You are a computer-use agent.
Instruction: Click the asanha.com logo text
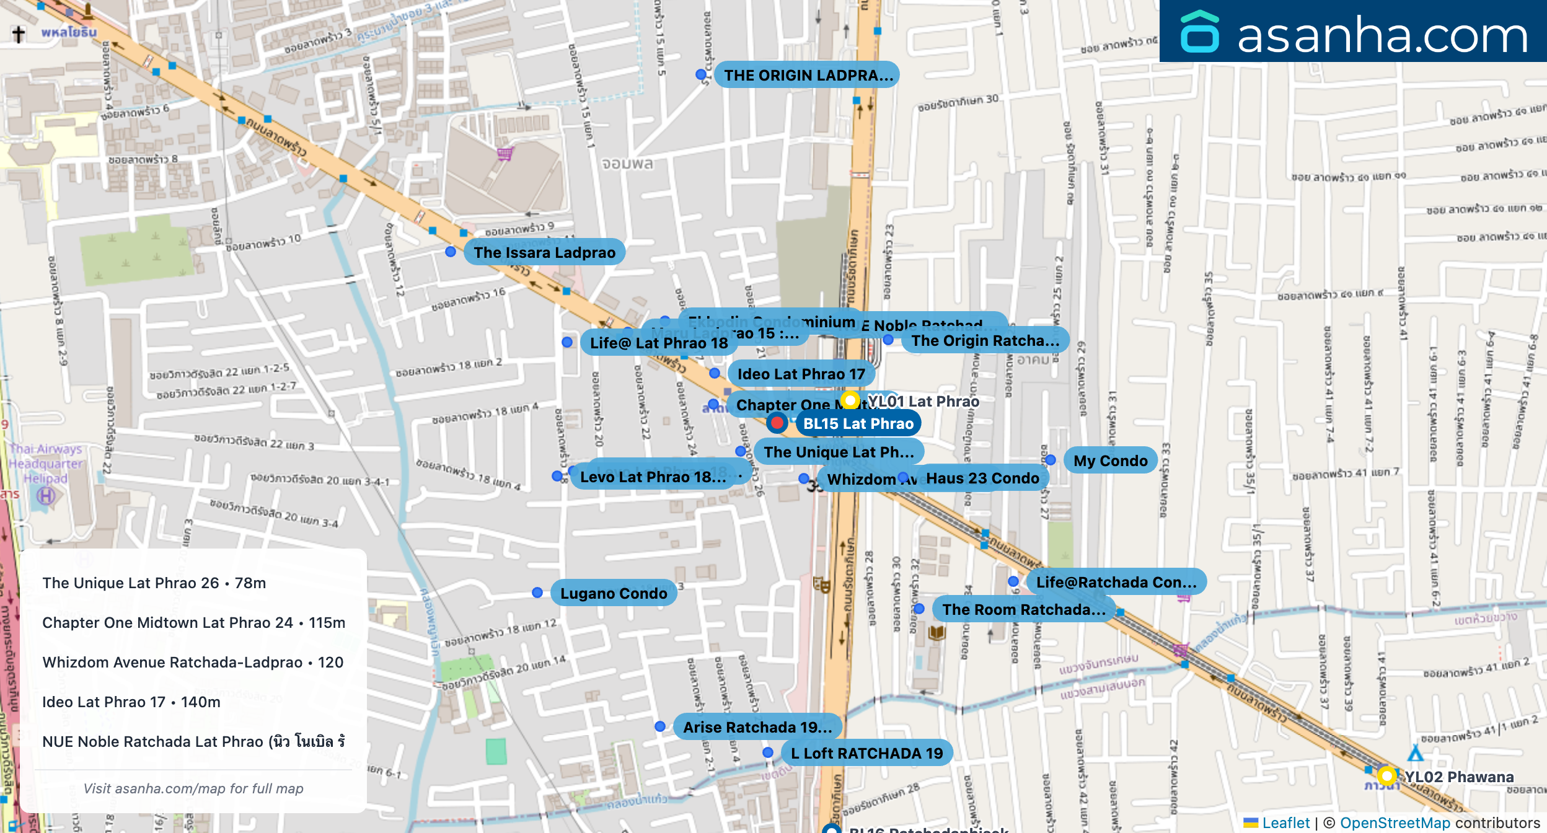click(1382, 35)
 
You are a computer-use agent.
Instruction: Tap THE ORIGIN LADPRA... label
click(808, 75)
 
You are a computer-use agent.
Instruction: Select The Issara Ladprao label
click(544, 252)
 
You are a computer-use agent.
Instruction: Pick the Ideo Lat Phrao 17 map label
click(800, 374)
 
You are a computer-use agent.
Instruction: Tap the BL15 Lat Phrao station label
click(858, 423)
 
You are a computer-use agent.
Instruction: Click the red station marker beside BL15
click(777, 423)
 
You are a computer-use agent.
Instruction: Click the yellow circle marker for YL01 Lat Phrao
click(850, 400)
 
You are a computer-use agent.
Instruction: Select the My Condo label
click(1110, 461)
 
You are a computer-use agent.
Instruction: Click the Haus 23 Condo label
click(982, 478)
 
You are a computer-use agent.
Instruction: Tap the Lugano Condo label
click(613, 593)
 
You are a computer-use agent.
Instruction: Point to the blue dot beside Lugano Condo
click(537, 593)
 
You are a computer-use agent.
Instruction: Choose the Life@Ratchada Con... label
click(1116, 582)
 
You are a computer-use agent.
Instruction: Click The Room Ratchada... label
click(1023, 609)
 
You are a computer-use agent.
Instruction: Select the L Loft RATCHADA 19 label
click(866, 753)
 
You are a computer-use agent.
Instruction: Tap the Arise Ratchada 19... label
click(757, 727)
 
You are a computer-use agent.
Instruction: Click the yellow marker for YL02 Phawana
click(1386, 775)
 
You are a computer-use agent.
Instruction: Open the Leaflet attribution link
click(1285, 822)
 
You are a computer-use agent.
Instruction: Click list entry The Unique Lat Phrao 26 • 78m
click(154, 583)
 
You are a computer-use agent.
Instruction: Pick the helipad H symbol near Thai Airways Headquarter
click(46, 496)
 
